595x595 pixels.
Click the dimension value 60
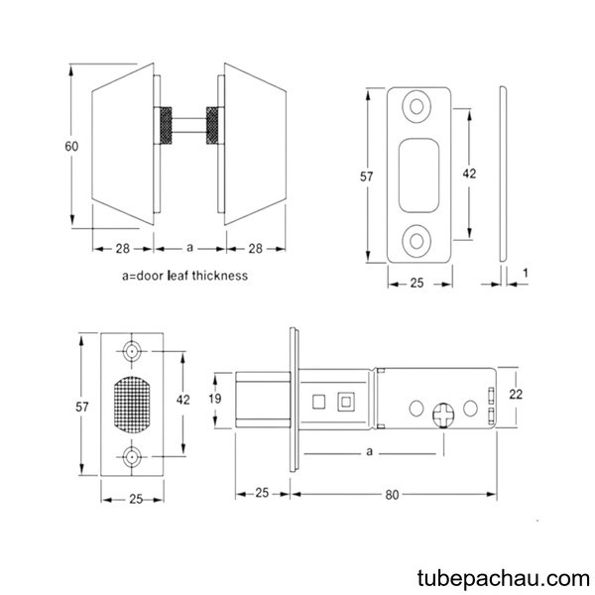71,146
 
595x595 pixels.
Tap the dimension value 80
392,495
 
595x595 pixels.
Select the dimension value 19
215,399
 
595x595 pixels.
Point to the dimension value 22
516,395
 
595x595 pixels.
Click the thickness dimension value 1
526,273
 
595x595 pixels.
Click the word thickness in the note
220,275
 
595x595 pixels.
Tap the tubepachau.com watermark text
503,579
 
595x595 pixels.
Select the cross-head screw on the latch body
443,415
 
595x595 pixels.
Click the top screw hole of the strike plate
416,107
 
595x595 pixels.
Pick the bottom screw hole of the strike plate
416,241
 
